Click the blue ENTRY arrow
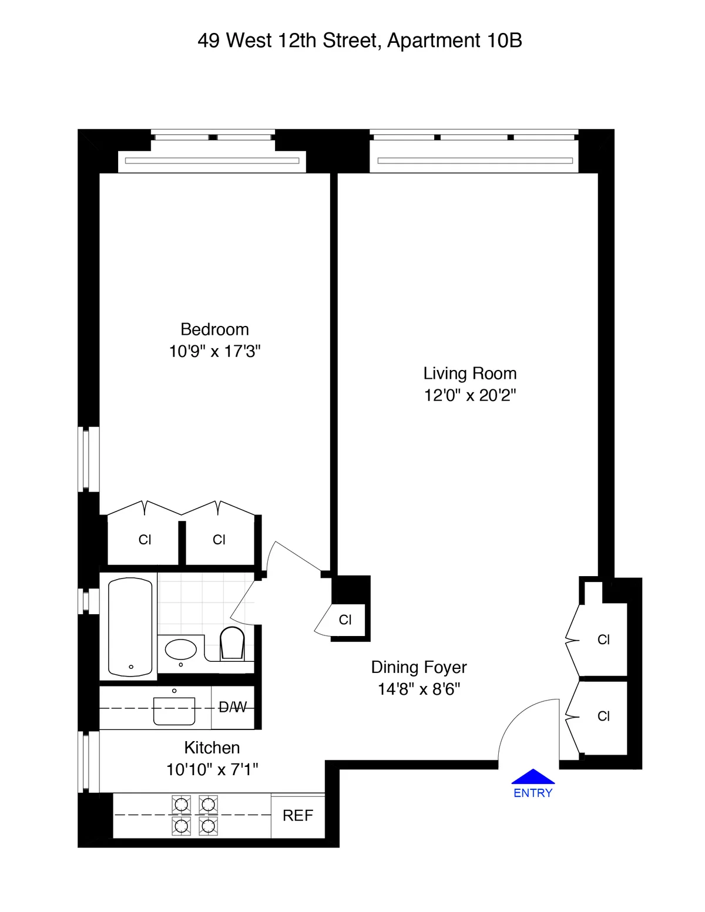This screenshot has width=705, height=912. click(533, 777)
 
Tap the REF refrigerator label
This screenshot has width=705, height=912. click(297, 816)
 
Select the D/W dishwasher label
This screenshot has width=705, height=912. click(233, 708)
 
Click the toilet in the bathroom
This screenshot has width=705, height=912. click(232, 644)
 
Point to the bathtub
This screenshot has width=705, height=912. click(130, 627)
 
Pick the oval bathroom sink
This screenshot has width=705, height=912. click(181, 649)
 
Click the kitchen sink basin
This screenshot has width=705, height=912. click(174, 711)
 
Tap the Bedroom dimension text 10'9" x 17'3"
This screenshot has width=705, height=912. click(214, 351)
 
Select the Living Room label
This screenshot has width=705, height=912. click(470, 373)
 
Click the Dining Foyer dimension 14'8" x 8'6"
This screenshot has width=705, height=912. click(419, 689)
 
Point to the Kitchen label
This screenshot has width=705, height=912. click(212, 748)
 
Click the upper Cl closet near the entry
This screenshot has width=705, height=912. click(603, 640)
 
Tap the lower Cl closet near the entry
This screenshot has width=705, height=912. click(603, 716)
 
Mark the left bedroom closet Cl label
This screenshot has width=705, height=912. click(145, 540)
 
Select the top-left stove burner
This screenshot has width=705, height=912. click(181, 804)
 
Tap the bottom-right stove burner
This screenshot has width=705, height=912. click(209, 826)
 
